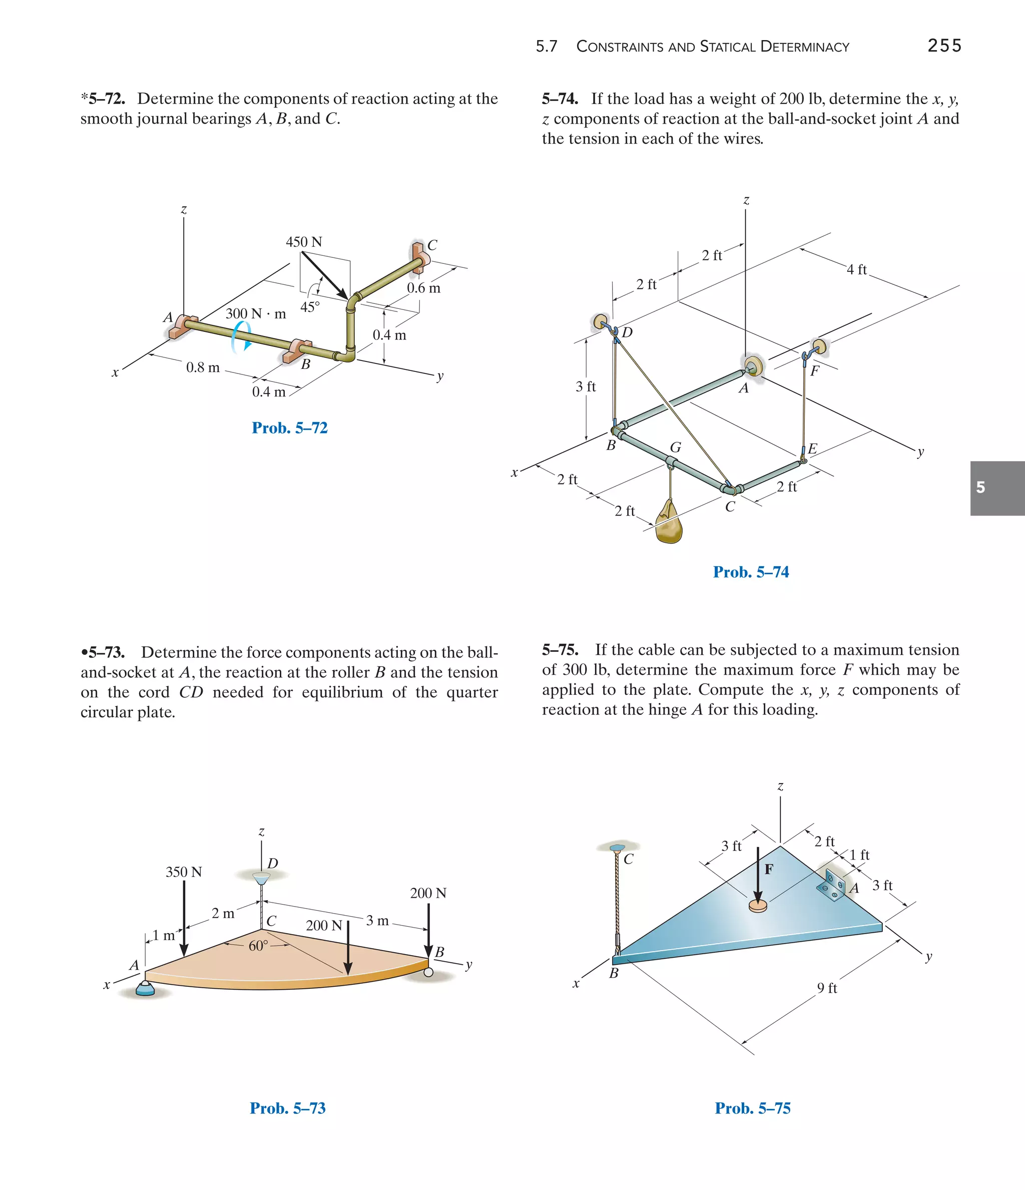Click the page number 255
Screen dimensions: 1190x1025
(944, 46)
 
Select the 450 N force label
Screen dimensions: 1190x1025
(304, 242)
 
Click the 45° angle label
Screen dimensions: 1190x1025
(310, 307)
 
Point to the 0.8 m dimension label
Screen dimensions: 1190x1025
(203, 367)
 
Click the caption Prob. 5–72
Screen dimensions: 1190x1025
(289, 428)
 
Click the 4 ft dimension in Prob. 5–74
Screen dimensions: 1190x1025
(857, 269)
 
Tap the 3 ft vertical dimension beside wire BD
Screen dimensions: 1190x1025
(586, 387)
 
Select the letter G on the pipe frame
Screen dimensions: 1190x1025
(675, 448)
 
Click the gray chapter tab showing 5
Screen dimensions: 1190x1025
(997, 488)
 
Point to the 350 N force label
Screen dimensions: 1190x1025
(184, 872)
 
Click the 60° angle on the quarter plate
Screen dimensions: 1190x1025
(258, 946)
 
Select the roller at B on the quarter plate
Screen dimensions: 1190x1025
(428, 972)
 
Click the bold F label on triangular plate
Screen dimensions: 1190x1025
(769, 869)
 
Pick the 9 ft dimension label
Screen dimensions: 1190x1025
(827, 988)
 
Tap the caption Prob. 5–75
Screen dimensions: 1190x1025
(752, 1108)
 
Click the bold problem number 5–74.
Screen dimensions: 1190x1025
(560, 99)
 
